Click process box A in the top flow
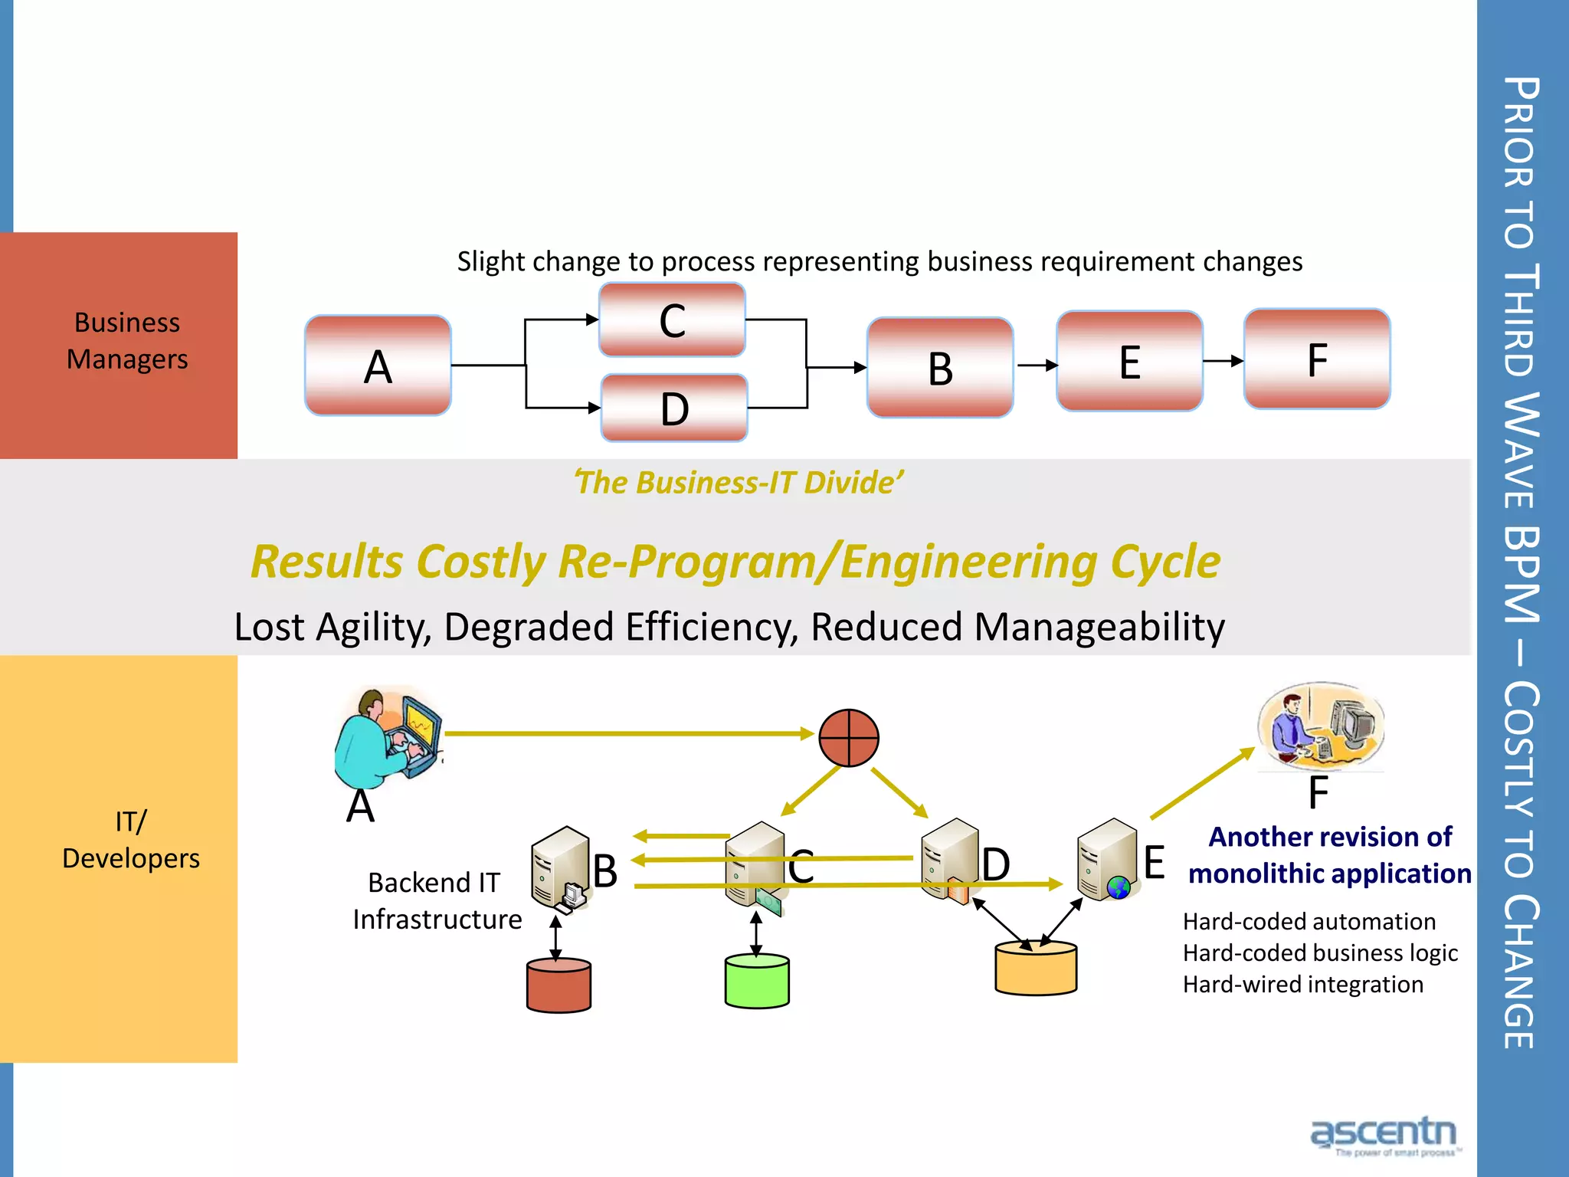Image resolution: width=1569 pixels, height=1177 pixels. (x=378, y=366)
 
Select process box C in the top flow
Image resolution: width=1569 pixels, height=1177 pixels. (x=672, y=320)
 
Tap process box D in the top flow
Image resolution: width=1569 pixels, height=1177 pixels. (x=674, y=408)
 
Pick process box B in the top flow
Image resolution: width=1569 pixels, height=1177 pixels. (x=940, y=368)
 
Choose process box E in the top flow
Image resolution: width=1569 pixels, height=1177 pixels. (x=1129, y=361)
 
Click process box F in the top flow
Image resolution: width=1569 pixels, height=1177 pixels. (x=1317, y=359)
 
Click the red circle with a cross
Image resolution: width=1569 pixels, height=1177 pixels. (x=848, y=737)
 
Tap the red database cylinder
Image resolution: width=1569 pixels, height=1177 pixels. (x=558, y=985)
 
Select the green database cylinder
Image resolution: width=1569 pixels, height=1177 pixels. (x=757, y=981)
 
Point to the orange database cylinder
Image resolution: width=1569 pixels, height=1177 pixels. (x=1036, y=969)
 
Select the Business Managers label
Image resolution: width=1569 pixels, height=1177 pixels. (x=127, y=341)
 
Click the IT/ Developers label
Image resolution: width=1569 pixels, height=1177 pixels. (x=130, y=840)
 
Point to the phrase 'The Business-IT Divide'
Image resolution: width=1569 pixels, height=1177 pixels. (x=739, y=483)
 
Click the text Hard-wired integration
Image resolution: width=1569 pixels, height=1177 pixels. (x=1302, y=984)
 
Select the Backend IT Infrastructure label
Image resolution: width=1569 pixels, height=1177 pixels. (x=437, y=900)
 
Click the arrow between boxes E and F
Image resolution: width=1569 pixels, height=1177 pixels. (x=1223, y=360)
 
